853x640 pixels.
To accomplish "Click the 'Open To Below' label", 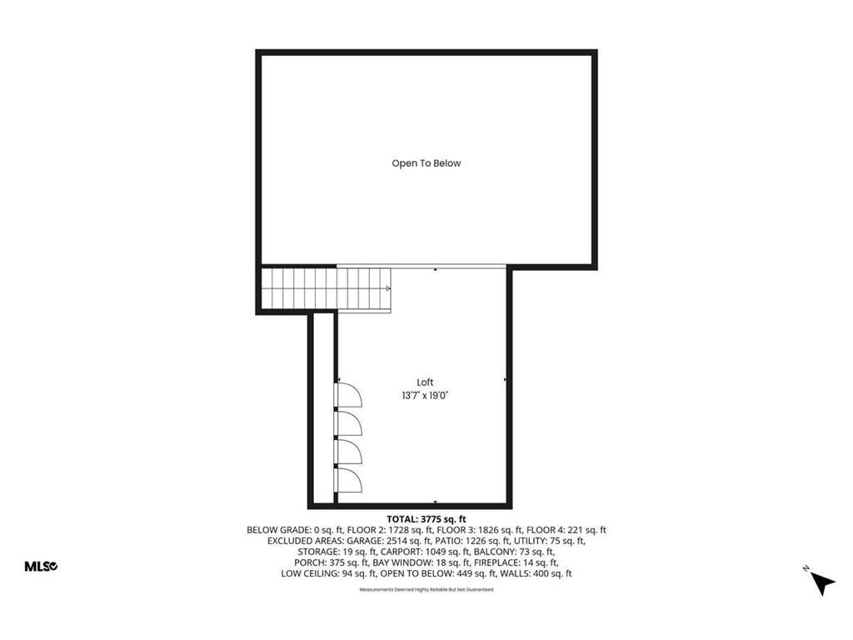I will coord(426,163).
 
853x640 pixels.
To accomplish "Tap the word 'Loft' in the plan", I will coord(425,382).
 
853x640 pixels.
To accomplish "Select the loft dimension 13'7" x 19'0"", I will coord(425,397).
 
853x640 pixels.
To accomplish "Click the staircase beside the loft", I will coord(325,288).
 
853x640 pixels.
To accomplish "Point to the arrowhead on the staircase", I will coord(388,288).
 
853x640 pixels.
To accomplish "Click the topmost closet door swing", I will coord(347,393).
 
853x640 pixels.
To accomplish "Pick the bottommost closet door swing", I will coord(347,481).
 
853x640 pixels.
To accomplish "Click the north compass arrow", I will coord(821,582).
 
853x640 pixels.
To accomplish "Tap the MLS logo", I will coord(40,567).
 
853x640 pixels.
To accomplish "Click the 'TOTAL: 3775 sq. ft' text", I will coord(426,519).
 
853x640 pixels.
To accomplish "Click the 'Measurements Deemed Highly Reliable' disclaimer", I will coord(426,589).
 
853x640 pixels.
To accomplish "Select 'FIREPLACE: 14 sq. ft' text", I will coord(521,562).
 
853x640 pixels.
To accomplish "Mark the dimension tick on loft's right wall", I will coord(505,380).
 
